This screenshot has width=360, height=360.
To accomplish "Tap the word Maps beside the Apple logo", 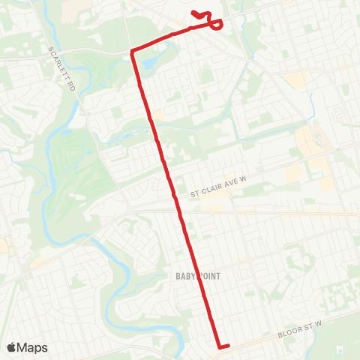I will coord(33,347).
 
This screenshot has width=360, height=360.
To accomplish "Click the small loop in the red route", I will coord(216,25).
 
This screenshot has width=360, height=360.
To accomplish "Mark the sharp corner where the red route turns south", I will coord(133,51).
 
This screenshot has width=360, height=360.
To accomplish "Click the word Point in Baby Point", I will coord(210,277).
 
